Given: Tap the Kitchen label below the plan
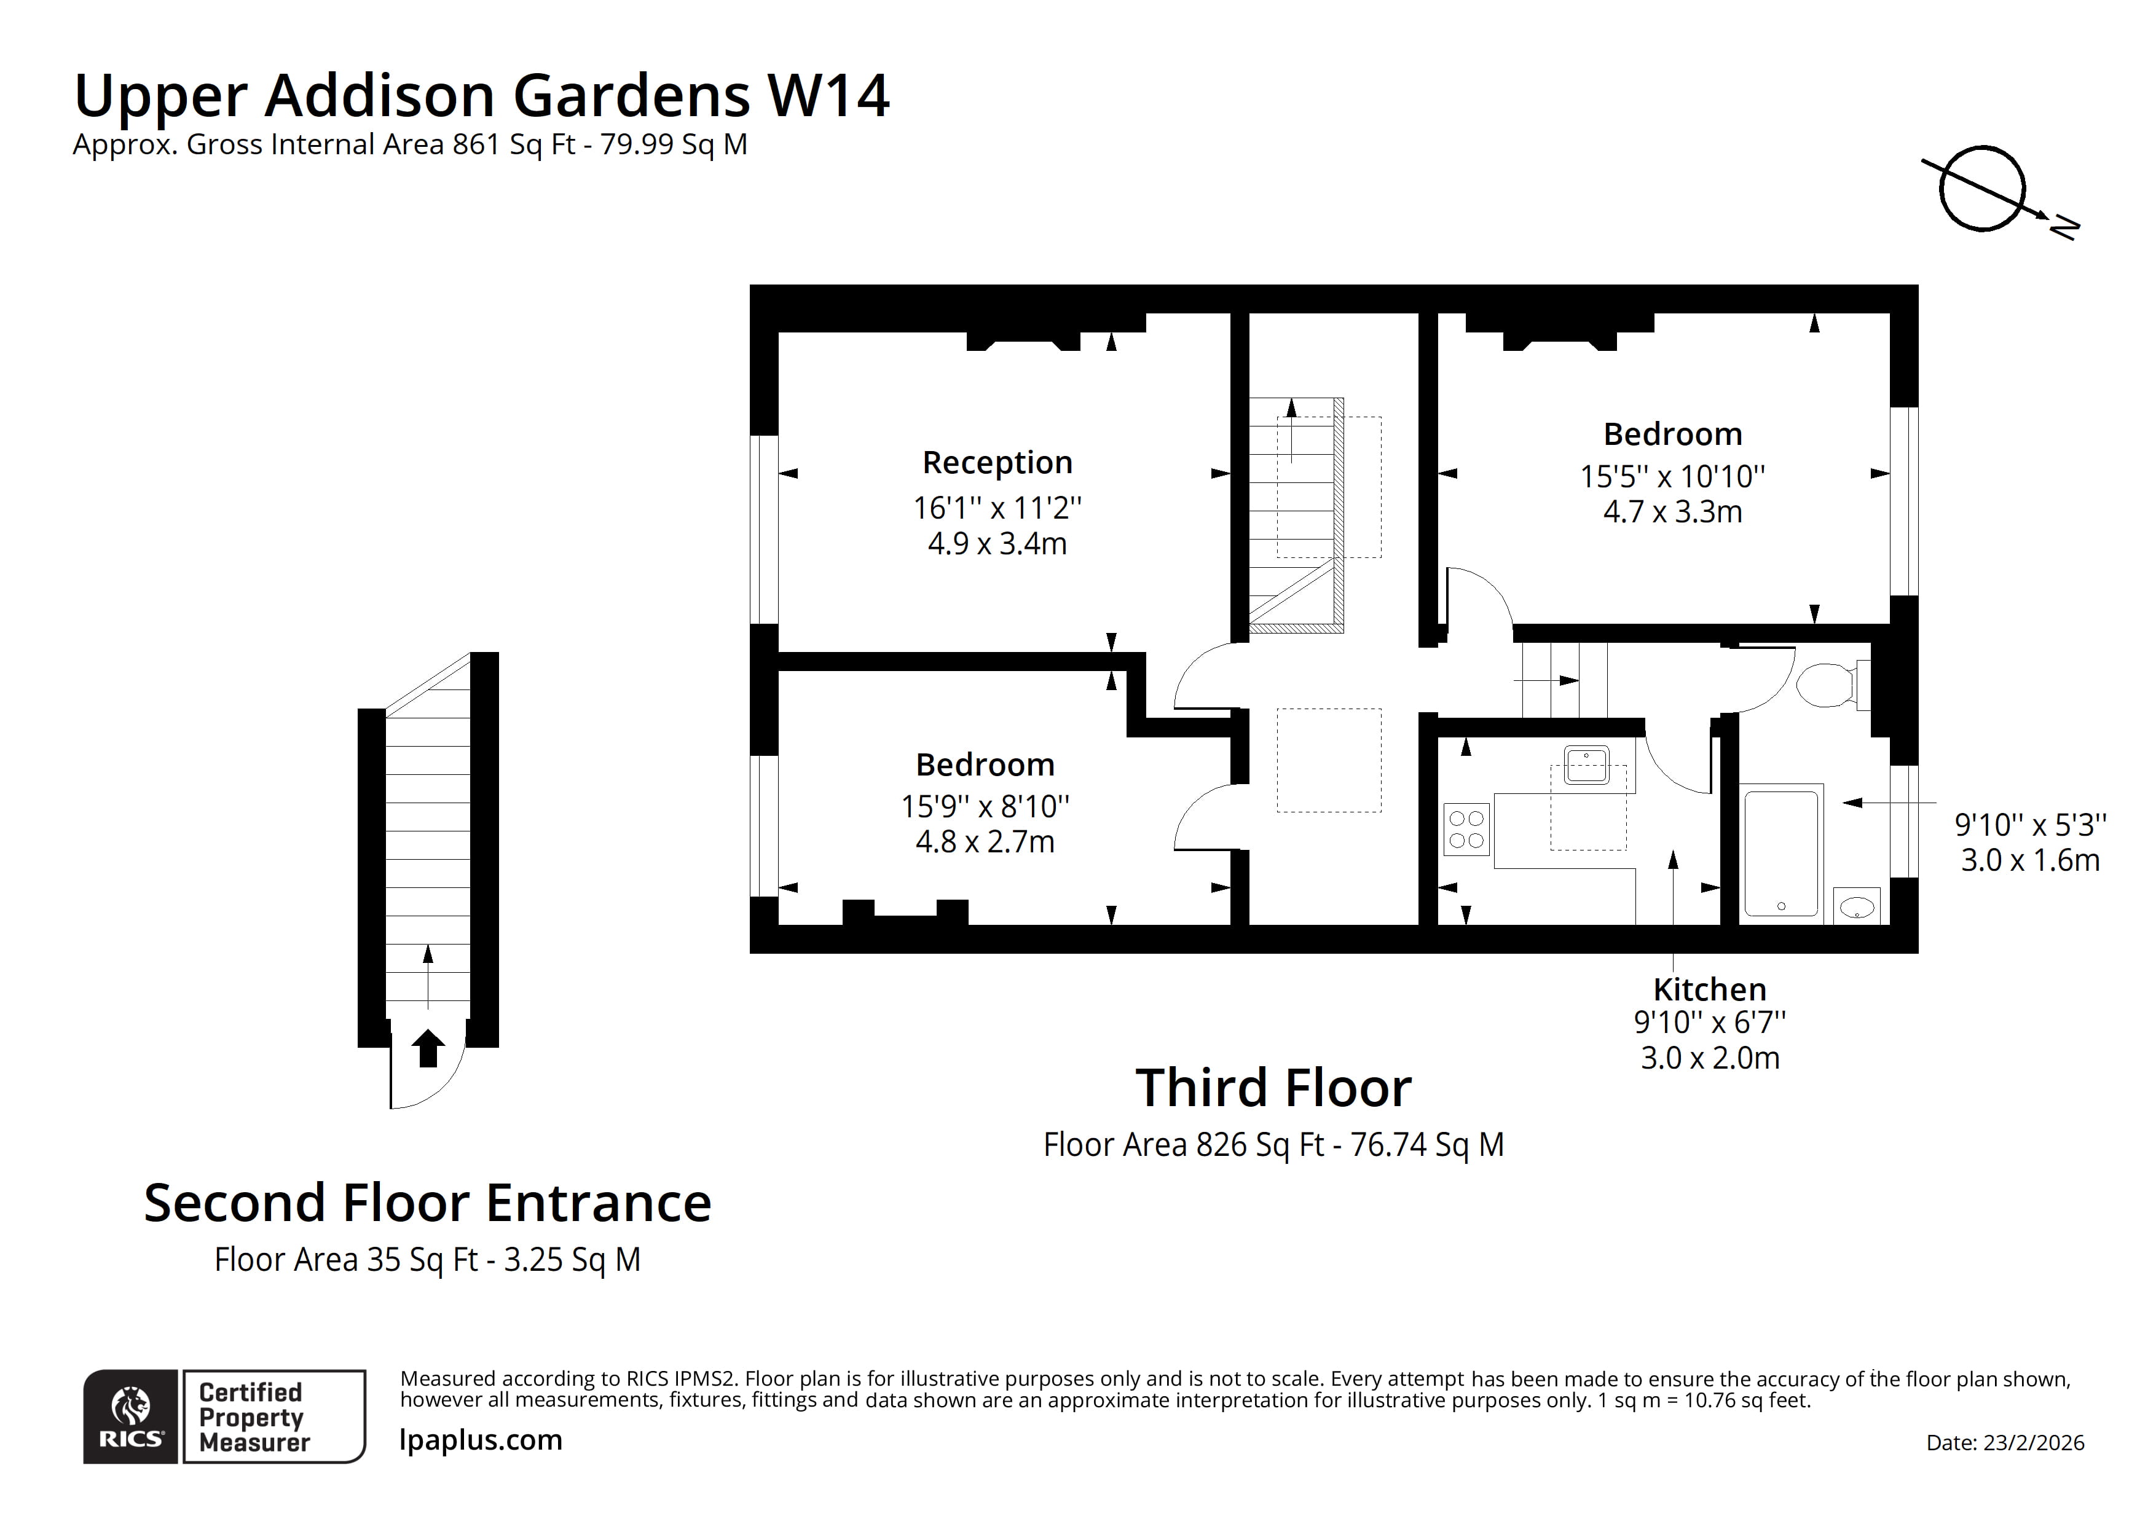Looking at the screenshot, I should pyautogui.click(x=1709, y=990).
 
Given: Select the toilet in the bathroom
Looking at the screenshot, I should pyautogui.click(x=1827, y=685).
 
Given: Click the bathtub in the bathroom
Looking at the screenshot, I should pyautogui.click(x=1781, y=852).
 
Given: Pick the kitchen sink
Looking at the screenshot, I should pyautogui.click(x=1586, y=765).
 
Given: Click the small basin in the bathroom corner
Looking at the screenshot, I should pyautogui.click(x=1857, y=907).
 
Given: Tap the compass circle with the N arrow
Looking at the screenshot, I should pyautogui.click(x=1982, y=188).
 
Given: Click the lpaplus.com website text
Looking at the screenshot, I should pyautogui.click(x=481, y=1439).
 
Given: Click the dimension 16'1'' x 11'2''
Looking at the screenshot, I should pyautogui.click(x=997, y=508).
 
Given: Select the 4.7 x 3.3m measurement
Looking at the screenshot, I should pyautogui.click(x=1672, y=512).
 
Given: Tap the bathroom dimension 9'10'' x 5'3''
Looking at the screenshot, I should pyautogui.click(x=2030, y=825).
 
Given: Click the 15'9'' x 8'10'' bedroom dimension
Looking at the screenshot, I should pyautogui.click(x=985, y=806).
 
